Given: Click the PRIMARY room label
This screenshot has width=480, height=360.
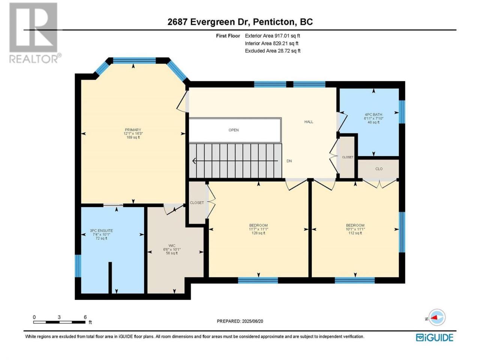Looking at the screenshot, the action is [x=133, y=130].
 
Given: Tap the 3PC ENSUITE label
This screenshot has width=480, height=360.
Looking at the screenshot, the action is [x=101, y=231].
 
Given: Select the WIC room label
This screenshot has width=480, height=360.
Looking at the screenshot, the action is [x=172, y=246].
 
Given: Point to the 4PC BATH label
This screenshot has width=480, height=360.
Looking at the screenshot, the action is [x=373, y=114].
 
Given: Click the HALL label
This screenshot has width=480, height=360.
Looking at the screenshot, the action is [x=309, y=122].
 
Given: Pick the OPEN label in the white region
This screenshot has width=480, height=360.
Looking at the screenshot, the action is [x=234, y=130].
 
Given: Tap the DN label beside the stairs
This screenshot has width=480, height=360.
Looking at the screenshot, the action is [x=289, y=161].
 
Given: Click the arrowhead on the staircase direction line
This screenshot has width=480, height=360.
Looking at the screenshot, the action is [x=194, y=161].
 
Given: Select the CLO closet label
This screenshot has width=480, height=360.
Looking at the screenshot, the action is [x=379, y=169].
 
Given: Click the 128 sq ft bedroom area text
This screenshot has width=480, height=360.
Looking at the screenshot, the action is [x=258, y=233].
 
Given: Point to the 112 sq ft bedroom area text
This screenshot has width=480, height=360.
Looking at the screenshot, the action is [x=355, y=233].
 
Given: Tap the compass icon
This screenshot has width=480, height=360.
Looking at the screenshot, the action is [x=437, y=317].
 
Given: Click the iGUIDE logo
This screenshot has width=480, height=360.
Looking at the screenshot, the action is [x=434, y=337].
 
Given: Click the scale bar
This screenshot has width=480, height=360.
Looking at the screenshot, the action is [x=59, y=322].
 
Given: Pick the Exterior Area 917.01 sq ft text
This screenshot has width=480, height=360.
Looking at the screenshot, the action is [x=273, y=36].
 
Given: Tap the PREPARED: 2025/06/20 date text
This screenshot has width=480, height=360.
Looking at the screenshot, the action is [x=240, y=321].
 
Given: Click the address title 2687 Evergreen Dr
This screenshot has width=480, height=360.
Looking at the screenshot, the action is [x=208, y=22].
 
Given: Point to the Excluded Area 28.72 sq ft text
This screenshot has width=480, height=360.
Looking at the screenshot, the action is [x=273, y=51].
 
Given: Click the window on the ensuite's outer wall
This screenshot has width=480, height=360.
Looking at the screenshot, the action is [x=78, y=266].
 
